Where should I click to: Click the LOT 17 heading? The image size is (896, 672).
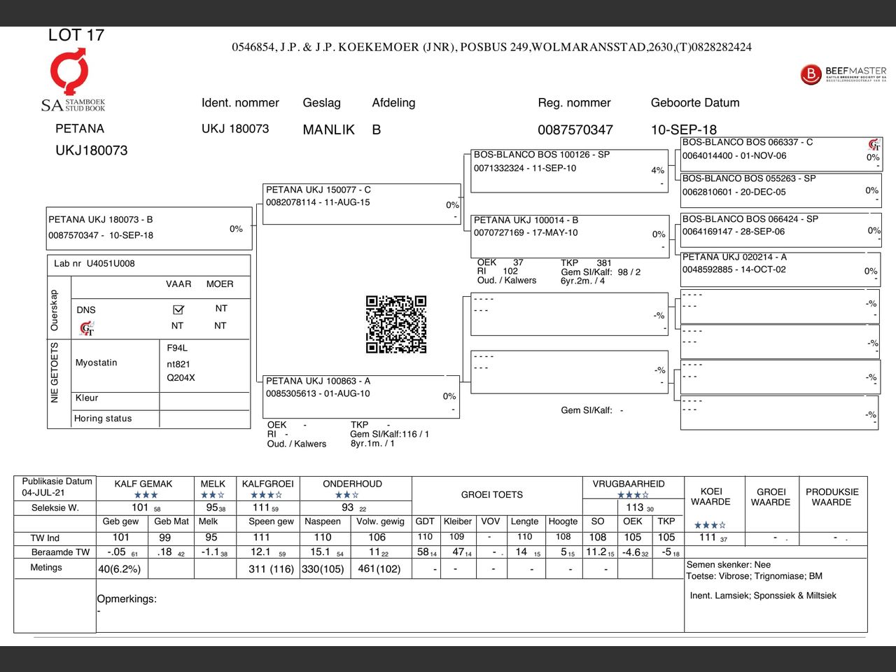click(76, 35)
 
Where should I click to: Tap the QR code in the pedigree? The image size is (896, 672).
click(396, 324)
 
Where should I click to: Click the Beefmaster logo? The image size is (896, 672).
click(843, 73)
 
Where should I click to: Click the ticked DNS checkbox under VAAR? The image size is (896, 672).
click(178, 309)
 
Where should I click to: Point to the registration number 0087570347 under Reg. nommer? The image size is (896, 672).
click(575, 129)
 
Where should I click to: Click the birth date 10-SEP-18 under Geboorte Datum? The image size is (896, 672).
click(683, 129)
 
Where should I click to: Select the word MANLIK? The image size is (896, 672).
click(328, 129)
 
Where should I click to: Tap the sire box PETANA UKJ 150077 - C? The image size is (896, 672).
click(361, 203)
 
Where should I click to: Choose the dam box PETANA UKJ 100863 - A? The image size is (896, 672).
click(361, 395)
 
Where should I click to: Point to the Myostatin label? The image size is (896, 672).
click(97, 363)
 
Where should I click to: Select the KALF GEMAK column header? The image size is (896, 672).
click(143, 484)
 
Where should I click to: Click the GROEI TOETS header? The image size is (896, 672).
click(491, 495)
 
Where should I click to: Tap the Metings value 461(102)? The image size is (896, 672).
click(379, 569)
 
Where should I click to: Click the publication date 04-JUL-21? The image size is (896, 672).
click(43, 493)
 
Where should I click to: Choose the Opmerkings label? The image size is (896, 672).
click(127, 599)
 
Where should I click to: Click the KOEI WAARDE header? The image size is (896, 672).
click(710, 496)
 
